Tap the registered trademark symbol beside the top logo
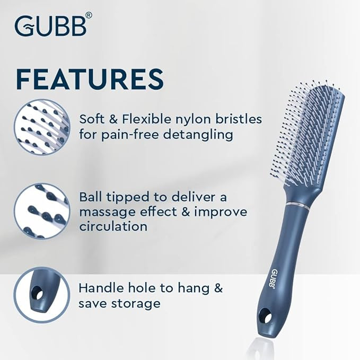pyautogui.click(x=89, y=16)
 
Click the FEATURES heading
pyautogui.click(x=89, y=78)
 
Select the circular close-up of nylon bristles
pyautogui.click(x=41, y=127)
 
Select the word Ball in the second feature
pyautogui.click(x=91, y=197)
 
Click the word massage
pyautogui.click(x=106, y=212)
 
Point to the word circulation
pyautogui.click(x=112, y=226)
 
